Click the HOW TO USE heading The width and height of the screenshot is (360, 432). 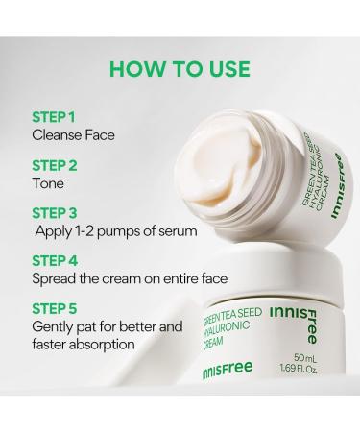pyautogui.click(x=180, y=68)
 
